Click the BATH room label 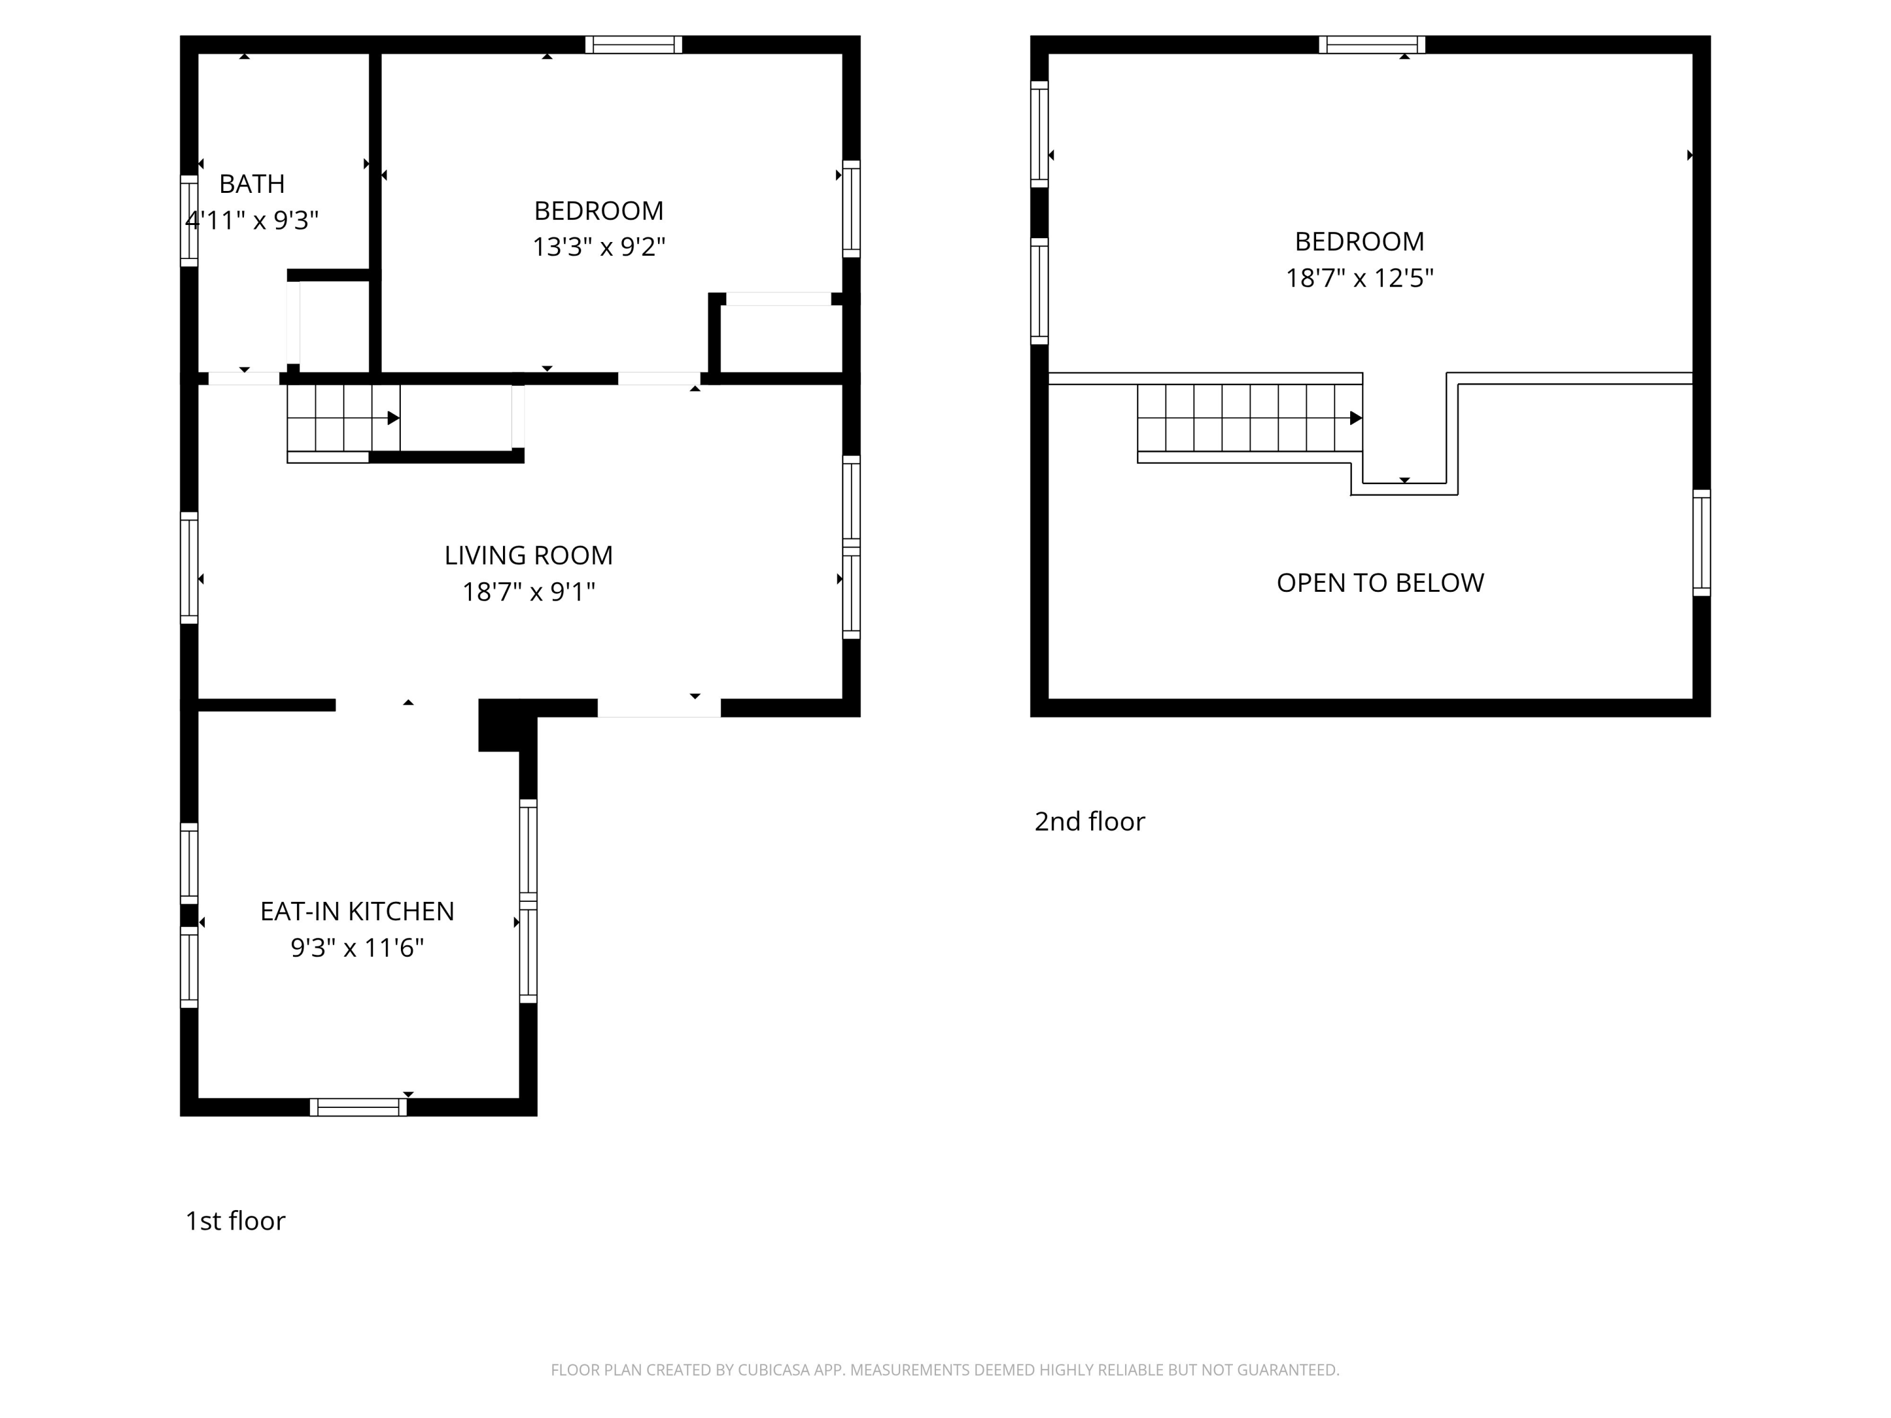click(252, 184)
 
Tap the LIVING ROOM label click(528, 556)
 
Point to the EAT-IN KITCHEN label click(357, 911)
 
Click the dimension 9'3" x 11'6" click(357, 948)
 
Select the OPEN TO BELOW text click(1380, 583)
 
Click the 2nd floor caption click(1089, 821)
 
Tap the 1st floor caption click(235, 1221)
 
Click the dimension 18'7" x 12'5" click(1359, 279)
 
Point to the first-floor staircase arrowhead click(393, 418)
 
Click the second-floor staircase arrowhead click(1355, 418)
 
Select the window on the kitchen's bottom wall click(358, 1107)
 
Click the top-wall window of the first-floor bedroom click(633, 45)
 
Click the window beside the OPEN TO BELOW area click(1701, 543)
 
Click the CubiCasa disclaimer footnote click(945, 1370)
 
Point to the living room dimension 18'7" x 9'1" click(528, 592)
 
